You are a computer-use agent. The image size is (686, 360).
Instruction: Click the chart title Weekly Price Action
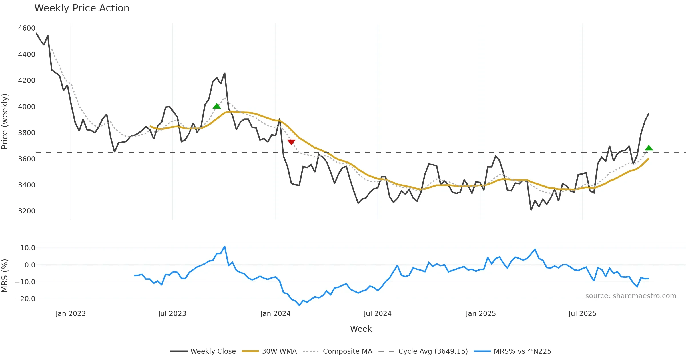pyautogui.click(x=82, y=8)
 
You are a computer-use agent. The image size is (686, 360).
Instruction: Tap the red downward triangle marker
pyautogui.click(x=291, y=142)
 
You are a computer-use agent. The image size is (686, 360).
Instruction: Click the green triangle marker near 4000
pyautogui.click(x=217, y=106)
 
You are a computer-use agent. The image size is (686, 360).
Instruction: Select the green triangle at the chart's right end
pyautogui.click(x=649, y=148)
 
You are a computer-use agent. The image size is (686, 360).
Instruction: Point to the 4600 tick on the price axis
pyautogui.click(x=27, y=28)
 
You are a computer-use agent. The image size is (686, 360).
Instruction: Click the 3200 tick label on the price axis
pyautogui.click(x=27, y=211)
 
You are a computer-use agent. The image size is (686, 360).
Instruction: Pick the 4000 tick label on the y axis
pyautogui.click(x=27, y=107)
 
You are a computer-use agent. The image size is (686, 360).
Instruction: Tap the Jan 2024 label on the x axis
pyautogui.click(x=275, y=314)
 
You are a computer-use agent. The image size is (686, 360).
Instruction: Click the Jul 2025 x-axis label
pyautogui.click(x=582, y=314)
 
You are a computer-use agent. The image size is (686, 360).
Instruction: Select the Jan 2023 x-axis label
pyautogui.click(x=71, y=314)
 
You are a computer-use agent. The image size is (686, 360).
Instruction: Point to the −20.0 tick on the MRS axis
pyautogui.click(x=25, y=299)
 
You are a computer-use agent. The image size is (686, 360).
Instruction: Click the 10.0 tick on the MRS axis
pyautogui.click(x=28, y=248)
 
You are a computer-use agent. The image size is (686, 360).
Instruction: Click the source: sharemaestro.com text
pyautogui.click(x=631, y=296)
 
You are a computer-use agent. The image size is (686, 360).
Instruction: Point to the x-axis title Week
pyautogui.click(x=361, y=329)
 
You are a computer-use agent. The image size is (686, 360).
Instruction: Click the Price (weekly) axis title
pyautogui.click(x=5, y=121)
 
